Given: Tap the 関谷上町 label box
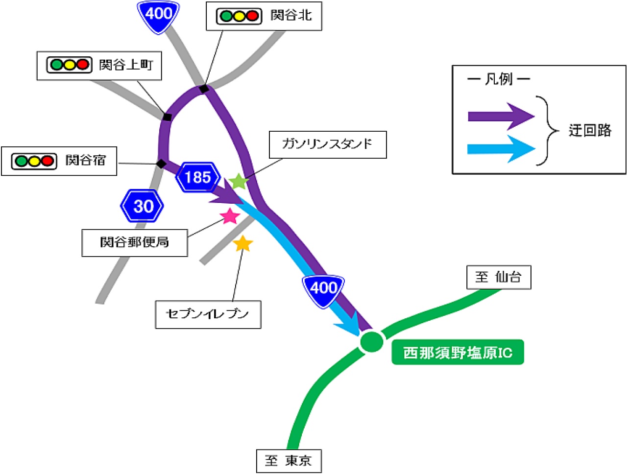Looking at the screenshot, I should pyautogui.click(x=99, y=65).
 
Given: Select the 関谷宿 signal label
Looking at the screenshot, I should pyautogui.click(x=59, y=161).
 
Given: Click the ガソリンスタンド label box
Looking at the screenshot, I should pyautogui.click(x=328, y=144).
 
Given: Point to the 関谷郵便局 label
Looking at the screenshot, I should pyautogui.click(x=135, y=242).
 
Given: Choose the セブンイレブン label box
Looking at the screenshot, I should pyautogui.click(x=208, y=314).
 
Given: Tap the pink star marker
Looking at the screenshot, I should pyautogui.click(x=230, y=216).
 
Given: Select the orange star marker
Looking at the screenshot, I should pyautogui.click(x=242, y=243).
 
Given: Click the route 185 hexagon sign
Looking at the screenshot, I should pyautogui.click(x=197, y=177).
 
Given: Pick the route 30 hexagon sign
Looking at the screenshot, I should pyautogui.click(x=142, y=206).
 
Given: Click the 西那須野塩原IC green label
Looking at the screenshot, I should pyautogui.click(x=458, y=352).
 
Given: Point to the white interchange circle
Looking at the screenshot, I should pyautogui.click(x=371, y=341).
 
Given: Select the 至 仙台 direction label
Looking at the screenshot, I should pyautogui.click(x=498, y=277).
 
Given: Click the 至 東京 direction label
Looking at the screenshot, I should pyautogui.click(x=289, y=461).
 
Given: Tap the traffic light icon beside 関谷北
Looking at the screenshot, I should pyautogui.click(x=239, y=16).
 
